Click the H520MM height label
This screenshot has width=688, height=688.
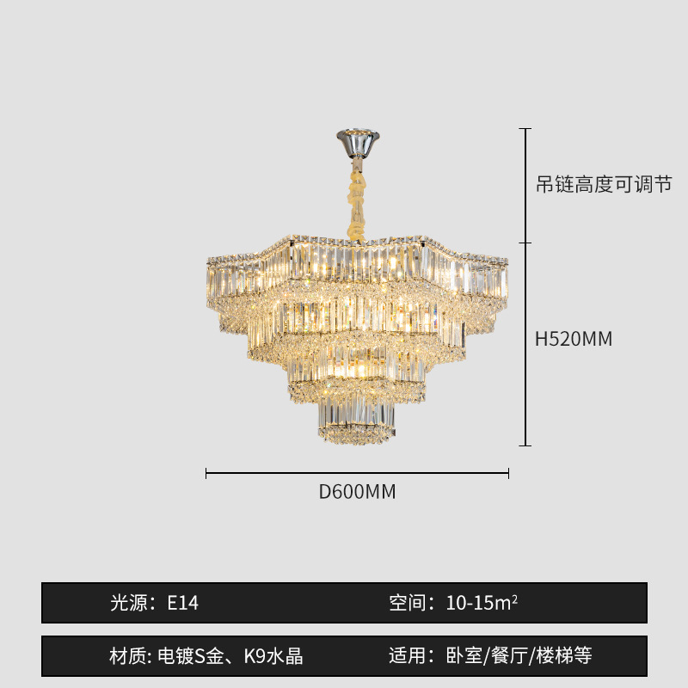coord(574,339)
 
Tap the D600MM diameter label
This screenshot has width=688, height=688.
coord(357,492)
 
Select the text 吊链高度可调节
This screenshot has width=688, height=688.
coord(603,184)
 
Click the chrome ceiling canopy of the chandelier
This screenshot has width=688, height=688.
coord(357,142)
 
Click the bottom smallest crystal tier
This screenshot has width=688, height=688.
coord(356,421)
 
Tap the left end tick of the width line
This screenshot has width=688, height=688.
coord(206,473)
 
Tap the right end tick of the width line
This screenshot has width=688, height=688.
coord(509,473)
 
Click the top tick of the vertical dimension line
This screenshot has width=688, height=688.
coord(525,129)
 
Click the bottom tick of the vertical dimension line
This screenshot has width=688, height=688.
coord(525,445)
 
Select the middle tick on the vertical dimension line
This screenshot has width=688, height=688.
coord(525,243)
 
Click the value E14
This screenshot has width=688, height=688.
coord(182,603)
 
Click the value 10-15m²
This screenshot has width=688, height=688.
coord(482,603)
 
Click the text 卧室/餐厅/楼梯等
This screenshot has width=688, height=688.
coord(519,657)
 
